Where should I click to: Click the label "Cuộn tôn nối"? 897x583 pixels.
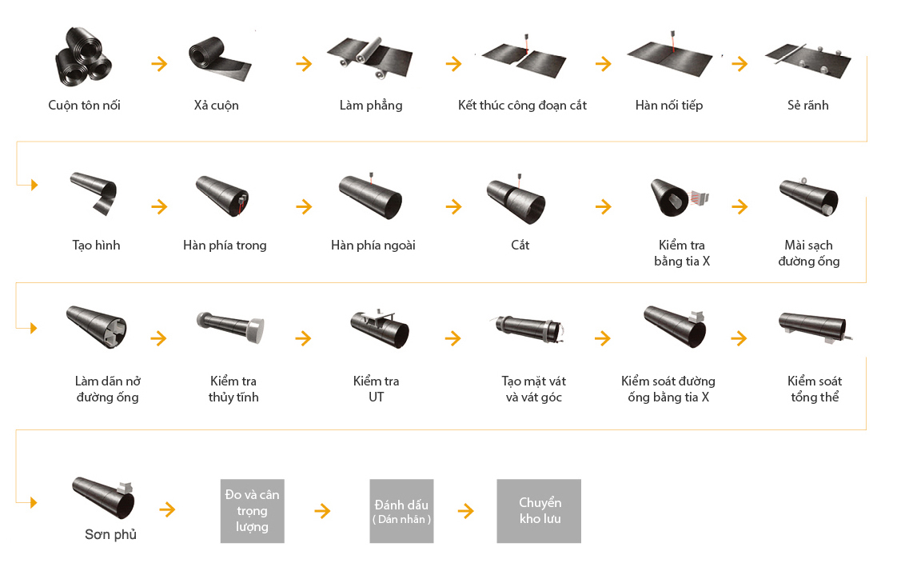(84, 106)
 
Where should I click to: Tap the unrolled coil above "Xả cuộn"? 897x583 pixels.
(220, 59)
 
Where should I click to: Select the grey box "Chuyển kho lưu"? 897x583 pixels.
(539, 511)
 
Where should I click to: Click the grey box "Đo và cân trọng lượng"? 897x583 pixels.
(253, 511)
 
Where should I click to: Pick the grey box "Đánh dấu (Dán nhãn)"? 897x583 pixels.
(401, 511)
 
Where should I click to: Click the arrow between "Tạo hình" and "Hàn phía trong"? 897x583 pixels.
(159, 206)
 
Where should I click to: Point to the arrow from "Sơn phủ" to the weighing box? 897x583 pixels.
(167, 509)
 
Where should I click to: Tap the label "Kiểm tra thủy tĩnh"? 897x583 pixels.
(233, 389)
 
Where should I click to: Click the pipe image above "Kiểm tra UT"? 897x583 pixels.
(380, 328)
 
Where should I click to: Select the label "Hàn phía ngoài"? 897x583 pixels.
(373, 246)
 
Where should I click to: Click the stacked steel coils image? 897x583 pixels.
(83, 57)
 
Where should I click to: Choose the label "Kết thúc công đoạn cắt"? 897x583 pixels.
(522, 106)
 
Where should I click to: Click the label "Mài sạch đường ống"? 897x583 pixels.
(809, 254)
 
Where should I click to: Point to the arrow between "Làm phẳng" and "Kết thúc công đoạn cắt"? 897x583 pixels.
(453, 63)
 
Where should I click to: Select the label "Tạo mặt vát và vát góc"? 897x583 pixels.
(534, 389)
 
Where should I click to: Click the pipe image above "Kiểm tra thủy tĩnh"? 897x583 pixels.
(230, 327)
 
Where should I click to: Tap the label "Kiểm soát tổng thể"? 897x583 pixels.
(815, 389)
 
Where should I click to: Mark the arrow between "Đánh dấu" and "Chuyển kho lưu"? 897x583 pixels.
(465, 510)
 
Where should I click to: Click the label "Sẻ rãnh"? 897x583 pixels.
(807, 106)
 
